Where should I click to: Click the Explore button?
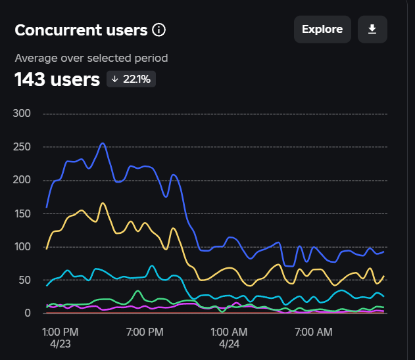click(322, 30)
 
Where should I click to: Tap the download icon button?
click(372, 30)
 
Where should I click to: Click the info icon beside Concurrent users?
click(159, 30)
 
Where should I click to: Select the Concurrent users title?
click(81, 30)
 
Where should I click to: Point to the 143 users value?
click(57, 79)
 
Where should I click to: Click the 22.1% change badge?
click(132, 79)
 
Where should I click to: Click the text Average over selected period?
click(91, 58)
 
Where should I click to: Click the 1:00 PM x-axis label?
click(61, 331)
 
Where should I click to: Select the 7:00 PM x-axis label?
click(144, 331)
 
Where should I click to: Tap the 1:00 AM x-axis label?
click(228, 331)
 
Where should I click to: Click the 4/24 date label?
click(228, 343)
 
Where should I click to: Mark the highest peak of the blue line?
click(103, 143)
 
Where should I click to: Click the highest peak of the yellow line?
click(103, 203)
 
